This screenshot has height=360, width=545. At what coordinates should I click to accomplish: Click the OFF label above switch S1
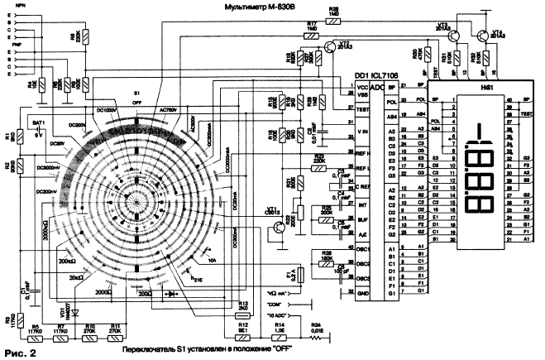point(137,102)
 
